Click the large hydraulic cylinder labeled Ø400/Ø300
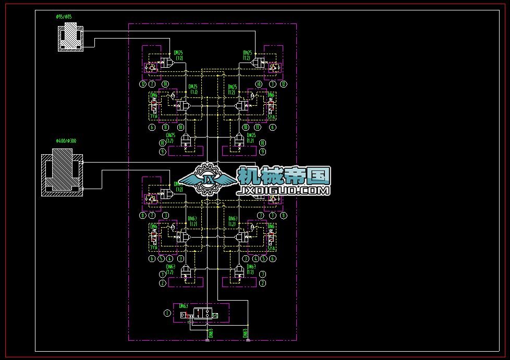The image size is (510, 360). coord(62,172)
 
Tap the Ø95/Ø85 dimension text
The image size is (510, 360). coord(64,17)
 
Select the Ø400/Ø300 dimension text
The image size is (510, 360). coord(66,141)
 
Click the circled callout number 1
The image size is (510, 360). coord(167,313)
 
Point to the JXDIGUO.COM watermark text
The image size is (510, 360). coord(284,191)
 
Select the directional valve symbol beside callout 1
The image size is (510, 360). coord(207,314)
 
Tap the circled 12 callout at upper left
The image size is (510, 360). coord(142,83)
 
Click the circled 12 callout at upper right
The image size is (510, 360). coord(283,83)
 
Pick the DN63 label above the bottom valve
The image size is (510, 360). coord(184,306)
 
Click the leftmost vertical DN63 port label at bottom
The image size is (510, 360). coord(211,333)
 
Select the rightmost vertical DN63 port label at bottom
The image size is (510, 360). coord(245,333)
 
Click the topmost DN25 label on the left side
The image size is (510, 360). coord(178,53)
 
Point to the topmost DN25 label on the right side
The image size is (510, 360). coord(248,53)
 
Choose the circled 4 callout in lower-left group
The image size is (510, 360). coord(170,258)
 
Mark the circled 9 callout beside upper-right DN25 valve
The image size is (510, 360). coord(263,152)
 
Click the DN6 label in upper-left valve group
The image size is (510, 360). coord(154,95)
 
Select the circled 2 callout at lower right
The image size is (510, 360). coord(263,283)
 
